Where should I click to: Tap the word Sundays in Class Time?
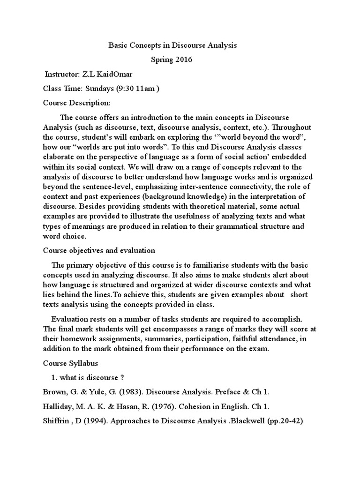pos(99,89)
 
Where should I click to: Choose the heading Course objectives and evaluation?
pos(99,251)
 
